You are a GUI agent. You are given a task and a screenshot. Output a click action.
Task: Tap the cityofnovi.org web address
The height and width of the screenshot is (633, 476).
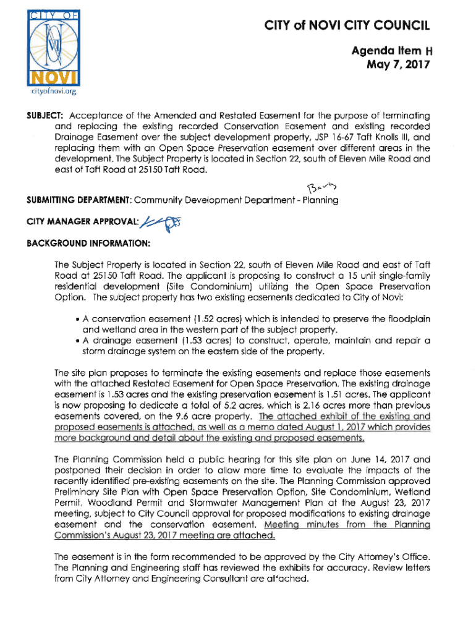coord(51,93)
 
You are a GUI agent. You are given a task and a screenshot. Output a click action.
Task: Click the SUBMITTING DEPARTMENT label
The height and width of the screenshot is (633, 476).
coord(111,200)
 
